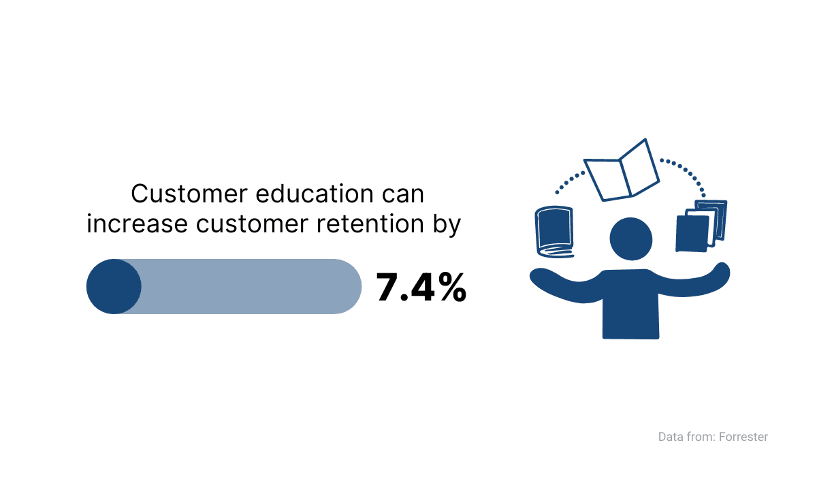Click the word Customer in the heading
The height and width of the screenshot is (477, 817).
[x=189, y=194]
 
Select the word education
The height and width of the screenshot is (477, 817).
[x=315, y=194]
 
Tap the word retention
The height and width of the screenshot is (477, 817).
[x=370, y=224]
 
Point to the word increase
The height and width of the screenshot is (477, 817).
[x=137, y=224]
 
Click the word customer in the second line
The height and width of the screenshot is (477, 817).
[x=252, y=224]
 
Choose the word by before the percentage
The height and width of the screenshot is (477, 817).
[x=447, y=224]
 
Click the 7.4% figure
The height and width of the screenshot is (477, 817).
[x=421, y=287]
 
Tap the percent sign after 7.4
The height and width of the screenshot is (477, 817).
[x=452, y=287]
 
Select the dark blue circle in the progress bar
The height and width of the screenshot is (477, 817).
[x=114, y=286]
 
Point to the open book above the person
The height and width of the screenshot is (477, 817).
[x=622, y=171]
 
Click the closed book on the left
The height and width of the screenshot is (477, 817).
[x=554, y=232]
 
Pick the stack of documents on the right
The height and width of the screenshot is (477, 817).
[x=701, y=226]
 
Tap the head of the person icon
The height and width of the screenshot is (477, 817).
[x=631, y=239]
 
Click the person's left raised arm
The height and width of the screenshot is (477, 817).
[x=565, y=286]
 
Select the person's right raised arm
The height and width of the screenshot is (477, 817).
[x=693, y=281]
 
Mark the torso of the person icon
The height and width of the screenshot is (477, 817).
[x=630, y=305]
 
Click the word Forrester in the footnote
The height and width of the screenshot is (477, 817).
[x=743, y=437]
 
